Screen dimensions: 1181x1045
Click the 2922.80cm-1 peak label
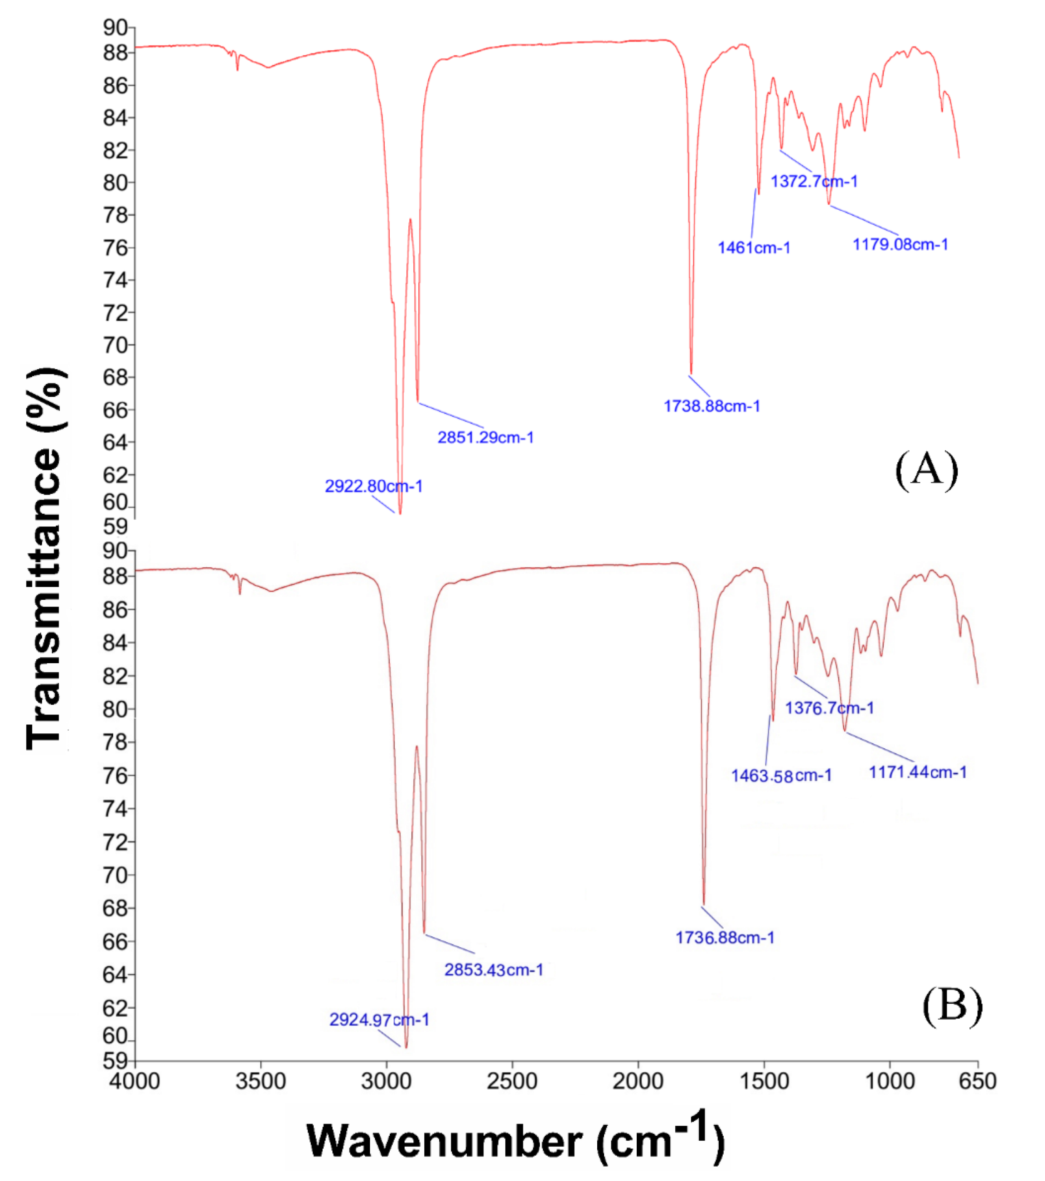(373, 486)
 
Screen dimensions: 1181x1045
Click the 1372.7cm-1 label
(814, 181)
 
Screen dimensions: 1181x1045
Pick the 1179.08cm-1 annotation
(900, 245)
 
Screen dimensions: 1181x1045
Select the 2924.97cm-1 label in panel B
(379, 1020)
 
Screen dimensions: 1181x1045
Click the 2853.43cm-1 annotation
(493, 969)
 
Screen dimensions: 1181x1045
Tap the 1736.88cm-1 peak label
(725, 937)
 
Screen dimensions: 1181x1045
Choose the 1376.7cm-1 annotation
(829, 708)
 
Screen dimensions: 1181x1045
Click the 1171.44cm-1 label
(918, 771)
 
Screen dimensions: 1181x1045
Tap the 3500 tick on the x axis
(261, 1080)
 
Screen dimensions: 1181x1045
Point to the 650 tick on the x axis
(978, 1080)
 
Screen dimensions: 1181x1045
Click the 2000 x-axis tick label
(638, 1080)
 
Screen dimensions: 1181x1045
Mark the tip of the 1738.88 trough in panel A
(691, 374)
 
